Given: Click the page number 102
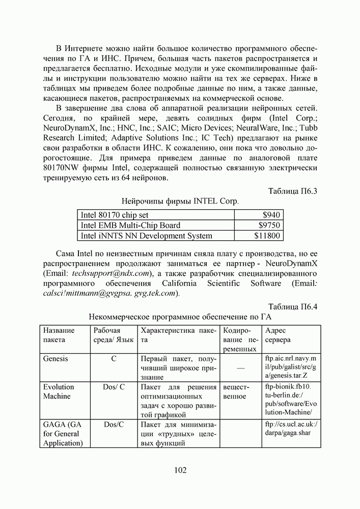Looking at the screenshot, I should (x=180, y=470).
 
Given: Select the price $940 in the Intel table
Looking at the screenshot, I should (x=271, y=215).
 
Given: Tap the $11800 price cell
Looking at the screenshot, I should (x=267, y=236).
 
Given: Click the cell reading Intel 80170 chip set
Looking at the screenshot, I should (x=115, y=215).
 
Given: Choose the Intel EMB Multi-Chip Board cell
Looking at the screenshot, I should (x=130, y=225).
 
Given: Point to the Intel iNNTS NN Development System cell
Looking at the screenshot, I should (x=147, y=236).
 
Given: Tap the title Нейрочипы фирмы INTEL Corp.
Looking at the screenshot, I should (x=180, y=201).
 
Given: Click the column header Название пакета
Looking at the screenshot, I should (x=59, y=335).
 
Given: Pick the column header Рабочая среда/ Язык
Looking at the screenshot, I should (x=114, y=335).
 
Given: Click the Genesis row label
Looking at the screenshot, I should (x=56, y=358).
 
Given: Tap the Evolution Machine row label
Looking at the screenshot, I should (x=58, y=391).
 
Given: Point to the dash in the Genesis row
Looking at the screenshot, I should (x=240, y=368).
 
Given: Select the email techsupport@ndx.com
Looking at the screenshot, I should (x=108, y=273).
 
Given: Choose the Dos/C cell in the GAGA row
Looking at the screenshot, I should (x=113, y=424).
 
